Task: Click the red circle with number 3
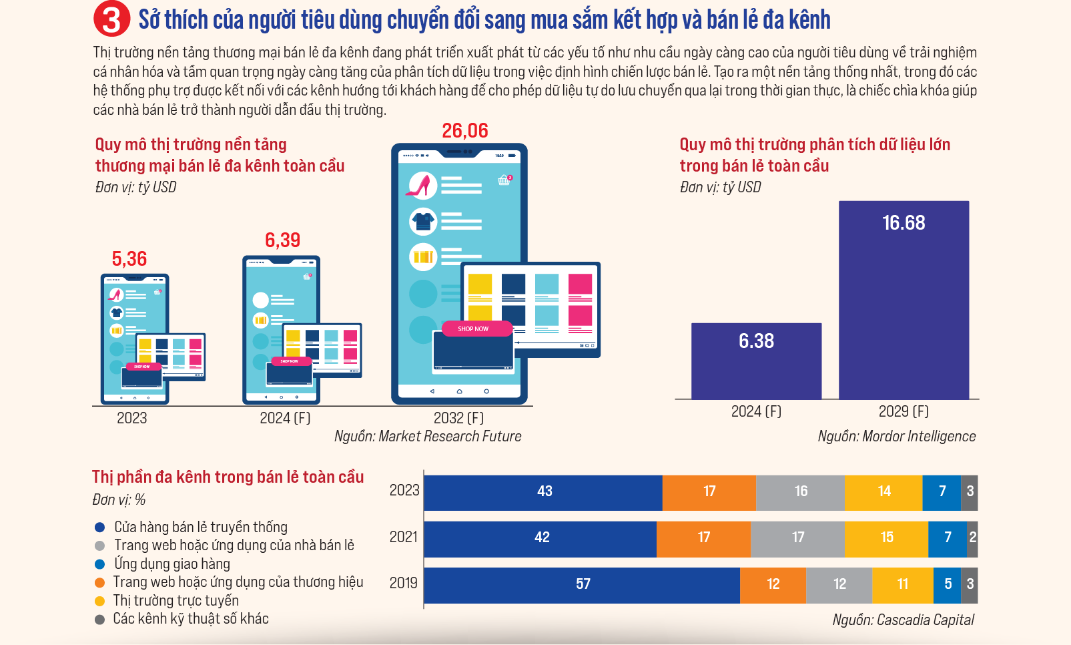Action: [111, 19]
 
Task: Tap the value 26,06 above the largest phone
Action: [465, 130]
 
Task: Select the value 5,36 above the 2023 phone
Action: [129, 258]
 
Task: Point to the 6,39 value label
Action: [282, 240]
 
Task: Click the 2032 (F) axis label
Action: [458, 418]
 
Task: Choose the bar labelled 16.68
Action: [904, 300]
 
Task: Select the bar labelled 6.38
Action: [756, 361]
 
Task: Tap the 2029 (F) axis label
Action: [904, 411]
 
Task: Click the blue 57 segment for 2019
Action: [582, 584]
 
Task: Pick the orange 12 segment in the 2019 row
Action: [773, 584]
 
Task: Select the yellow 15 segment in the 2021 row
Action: [886, 537]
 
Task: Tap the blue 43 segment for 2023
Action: [543, 491]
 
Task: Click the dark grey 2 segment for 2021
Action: [973, 537]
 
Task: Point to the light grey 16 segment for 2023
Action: [800, 491]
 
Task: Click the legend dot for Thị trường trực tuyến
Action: [100, 601]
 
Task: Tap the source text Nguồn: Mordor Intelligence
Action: [896, 436]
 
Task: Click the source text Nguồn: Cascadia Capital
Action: [903, 620]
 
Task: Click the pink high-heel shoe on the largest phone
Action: [421, 185]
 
